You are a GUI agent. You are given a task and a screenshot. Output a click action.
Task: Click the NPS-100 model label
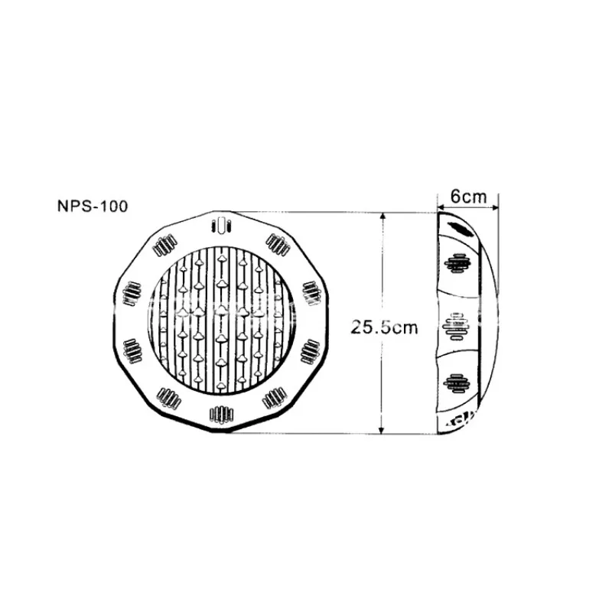tap(93, 206)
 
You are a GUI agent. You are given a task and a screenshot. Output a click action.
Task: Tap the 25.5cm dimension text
tap(384, 327)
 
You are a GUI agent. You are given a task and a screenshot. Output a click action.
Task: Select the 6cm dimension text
tap(468, 197)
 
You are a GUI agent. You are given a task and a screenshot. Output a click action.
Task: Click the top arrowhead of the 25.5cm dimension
tap(382, 216)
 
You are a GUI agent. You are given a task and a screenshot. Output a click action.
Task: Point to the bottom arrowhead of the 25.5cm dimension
tap(382, 429)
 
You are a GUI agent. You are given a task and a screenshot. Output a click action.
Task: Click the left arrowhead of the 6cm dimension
tap(441, 207)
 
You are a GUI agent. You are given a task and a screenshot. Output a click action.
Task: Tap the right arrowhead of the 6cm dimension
tap(494, 207)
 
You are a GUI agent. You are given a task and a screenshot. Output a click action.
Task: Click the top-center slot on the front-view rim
tap(221, 226)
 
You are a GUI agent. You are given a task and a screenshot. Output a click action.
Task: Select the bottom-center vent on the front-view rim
tap(221, 414)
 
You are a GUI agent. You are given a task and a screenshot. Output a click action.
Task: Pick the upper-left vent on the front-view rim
tap(164, 245)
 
